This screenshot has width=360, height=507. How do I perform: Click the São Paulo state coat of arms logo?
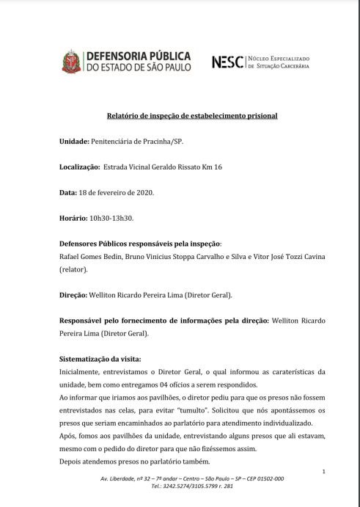click(72, 62)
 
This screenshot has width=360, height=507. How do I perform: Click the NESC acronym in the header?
click(227, 62)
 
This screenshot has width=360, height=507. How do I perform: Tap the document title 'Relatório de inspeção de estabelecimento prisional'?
click(193, 116)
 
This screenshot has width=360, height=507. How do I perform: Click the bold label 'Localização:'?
click(79, 167)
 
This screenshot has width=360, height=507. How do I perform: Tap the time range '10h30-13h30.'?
click(111, 218)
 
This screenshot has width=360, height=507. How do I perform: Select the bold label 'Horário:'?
click(73, 218)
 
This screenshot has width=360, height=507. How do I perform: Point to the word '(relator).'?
click(76, 270)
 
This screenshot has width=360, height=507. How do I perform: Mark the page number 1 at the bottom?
click(323, 470)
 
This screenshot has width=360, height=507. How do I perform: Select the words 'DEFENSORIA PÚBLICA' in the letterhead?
click(139, 56)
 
